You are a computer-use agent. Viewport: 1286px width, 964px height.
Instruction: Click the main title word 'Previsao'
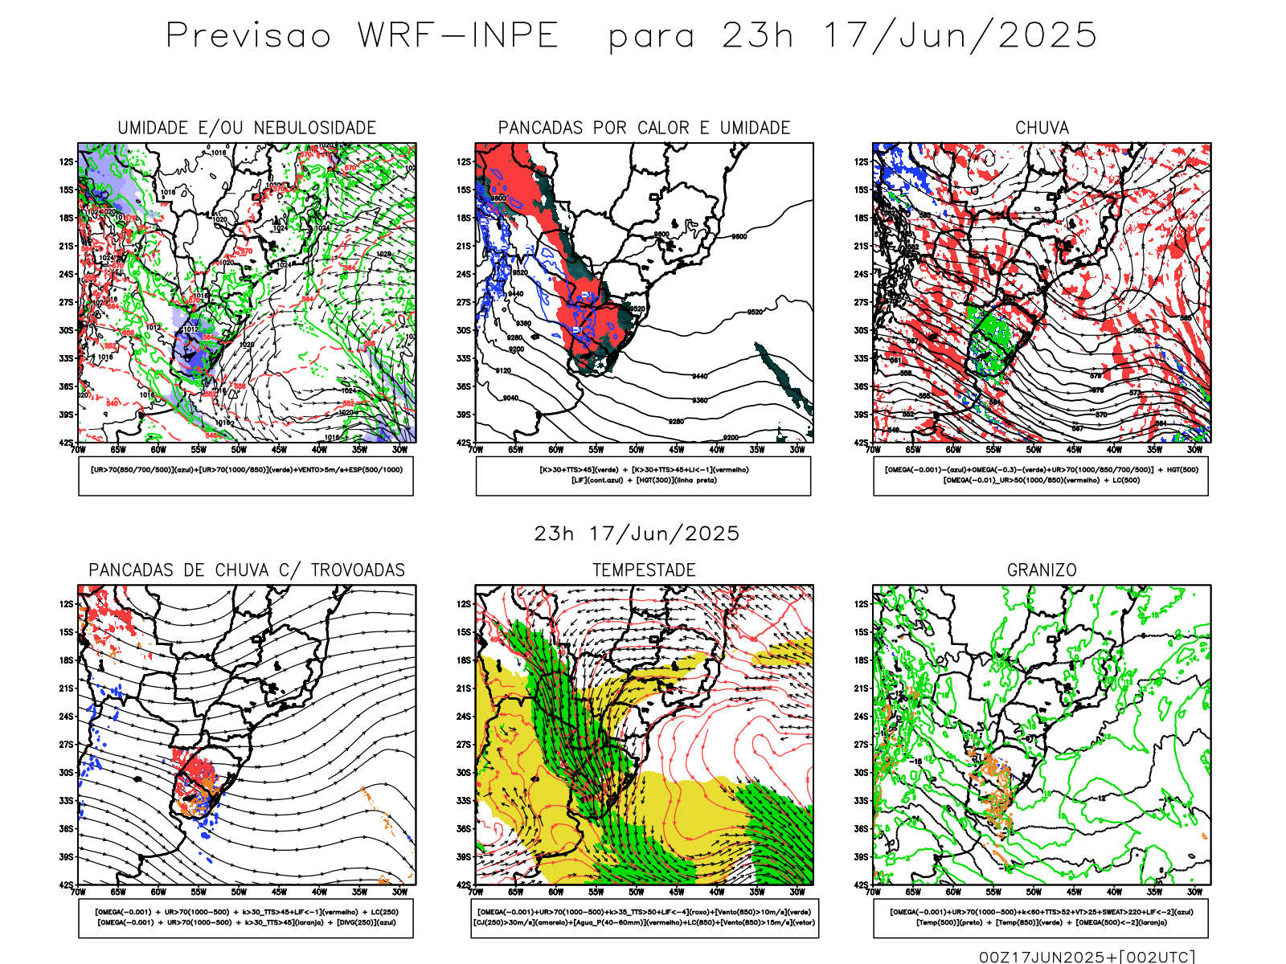[248, 36]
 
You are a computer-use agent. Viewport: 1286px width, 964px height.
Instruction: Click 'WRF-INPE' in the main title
[457, 36]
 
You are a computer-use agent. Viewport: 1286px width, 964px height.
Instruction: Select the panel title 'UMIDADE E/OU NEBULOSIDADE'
[247, 128]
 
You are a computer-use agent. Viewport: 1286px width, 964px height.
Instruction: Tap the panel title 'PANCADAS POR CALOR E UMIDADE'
[644, 128]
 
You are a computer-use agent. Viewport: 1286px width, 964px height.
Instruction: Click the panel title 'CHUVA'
[1042, 128]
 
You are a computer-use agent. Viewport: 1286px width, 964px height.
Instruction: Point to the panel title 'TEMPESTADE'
[644, 570]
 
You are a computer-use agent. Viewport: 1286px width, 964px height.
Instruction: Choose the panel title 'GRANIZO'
[1042, 570]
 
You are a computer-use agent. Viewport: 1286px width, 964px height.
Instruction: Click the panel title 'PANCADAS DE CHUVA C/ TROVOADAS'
[247, 570]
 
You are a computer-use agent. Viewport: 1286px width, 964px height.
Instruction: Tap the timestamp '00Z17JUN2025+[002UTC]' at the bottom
[1087, 957]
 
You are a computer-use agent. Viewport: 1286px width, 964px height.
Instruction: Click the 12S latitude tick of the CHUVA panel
[862, 162]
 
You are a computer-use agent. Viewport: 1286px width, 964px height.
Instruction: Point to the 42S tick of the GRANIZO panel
[862, 885]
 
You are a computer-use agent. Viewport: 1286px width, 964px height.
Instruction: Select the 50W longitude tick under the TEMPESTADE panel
[636, 893]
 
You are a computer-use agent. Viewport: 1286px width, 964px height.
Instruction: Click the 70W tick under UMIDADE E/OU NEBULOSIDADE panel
[78, 451]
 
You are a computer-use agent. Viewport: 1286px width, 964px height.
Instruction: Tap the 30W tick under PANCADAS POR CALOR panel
[797, 451]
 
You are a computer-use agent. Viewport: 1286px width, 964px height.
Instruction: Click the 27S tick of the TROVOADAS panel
[66, 745]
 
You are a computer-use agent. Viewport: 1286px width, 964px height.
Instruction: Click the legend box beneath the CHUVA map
[1041, 476]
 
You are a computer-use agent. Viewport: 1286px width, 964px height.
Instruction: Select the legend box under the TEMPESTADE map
[644, 917]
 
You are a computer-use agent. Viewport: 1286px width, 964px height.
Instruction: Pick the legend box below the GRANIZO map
[1041, 917]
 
